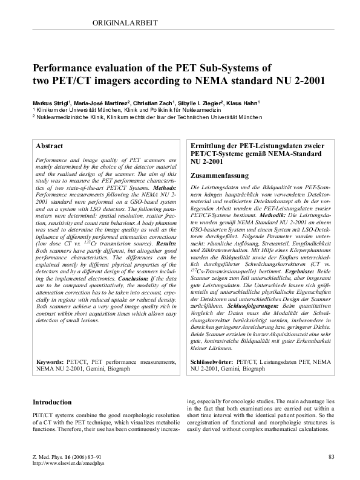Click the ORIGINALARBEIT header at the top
[127, 23]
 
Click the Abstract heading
[50, 146]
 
